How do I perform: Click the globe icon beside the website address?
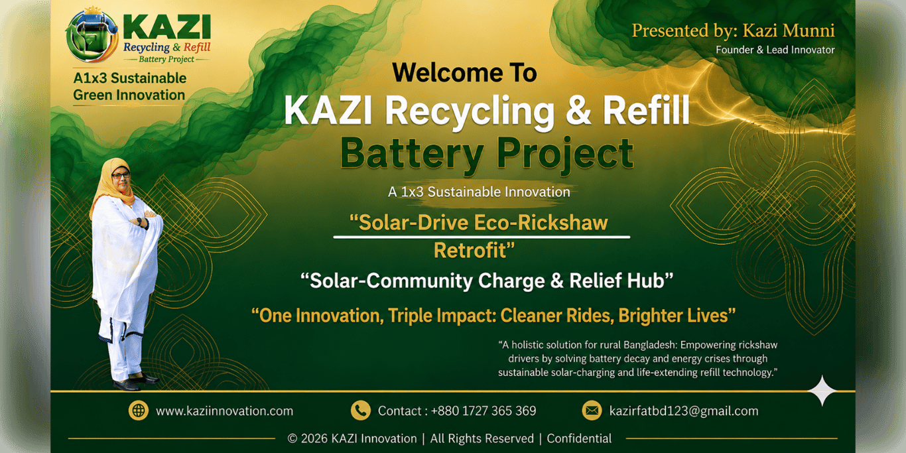point(139,411)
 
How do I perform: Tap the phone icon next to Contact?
point(360,411)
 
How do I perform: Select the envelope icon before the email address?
point(592,411)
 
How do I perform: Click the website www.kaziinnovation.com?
point(224,411)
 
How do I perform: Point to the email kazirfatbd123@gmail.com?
point(684,411)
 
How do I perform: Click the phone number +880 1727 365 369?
point(484,411)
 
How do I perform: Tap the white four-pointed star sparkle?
point(822,391)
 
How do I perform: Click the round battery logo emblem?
point(92,35)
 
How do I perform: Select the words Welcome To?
point(464,73)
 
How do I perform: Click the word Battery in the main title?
point(412,153)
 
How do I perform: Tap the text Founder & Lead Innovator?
point(775,50)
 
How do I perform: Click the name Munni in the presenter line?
point(809,31)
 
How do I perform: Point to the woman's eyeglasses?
point(121,175)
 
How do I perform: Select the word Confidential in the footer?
point(579,438)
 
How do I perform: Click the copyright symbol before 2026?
point(292,439)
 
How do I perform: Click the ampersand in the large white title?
point(578,110)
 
